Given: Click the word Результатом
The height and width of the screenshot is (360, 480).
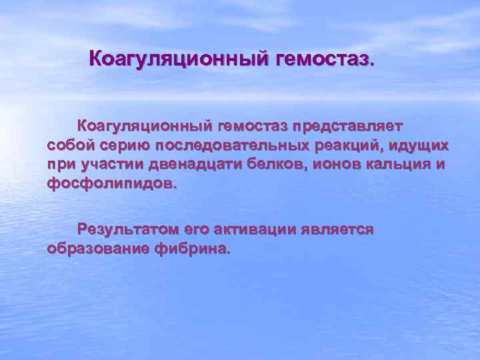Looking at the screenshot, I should [x=128, y=230].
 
